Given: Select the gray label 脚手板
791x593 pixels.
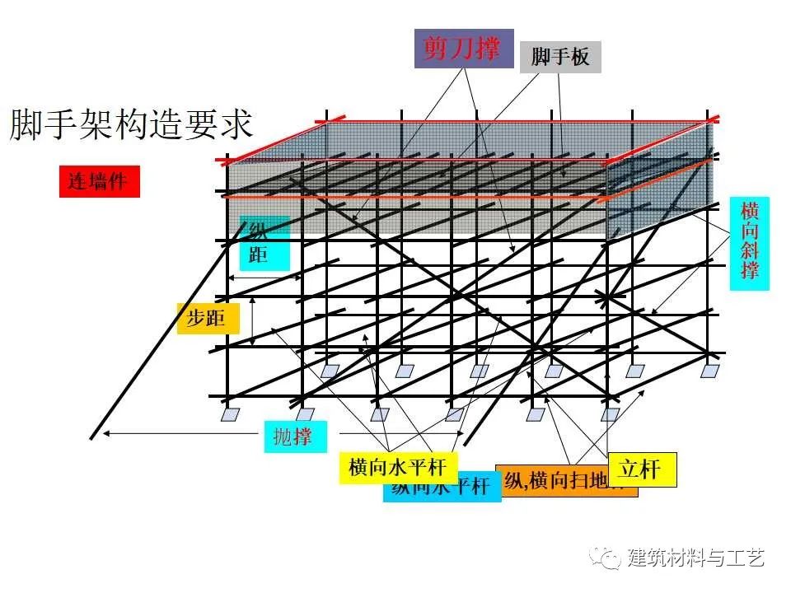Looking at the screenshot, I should tap(560, 57).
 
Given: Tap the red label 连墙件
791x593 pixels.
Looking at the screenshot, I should tap(99, 181).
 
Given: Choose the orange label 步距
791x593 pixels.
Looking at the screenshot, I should tap(207, 318).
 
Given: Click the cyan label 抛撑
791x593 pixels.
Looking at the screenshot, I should tap(293, 437).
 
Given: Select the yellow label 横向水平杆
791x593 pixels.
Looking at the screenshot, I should tap(397, 468).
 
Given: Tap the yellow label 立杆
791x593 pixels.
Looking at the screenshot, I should tap(641, 469).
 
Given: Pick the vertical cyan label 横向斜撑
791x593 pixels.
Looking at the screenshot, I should tap(749, 243).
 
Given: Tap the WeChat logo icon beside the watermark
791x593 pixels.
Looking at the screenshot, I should tap(611, 558).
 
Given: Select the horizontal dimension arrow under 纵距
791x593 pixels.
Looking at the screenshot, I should tap(264, 279).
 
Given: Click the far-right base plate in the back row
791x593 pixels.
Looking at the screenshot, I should tap(709, 371).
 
